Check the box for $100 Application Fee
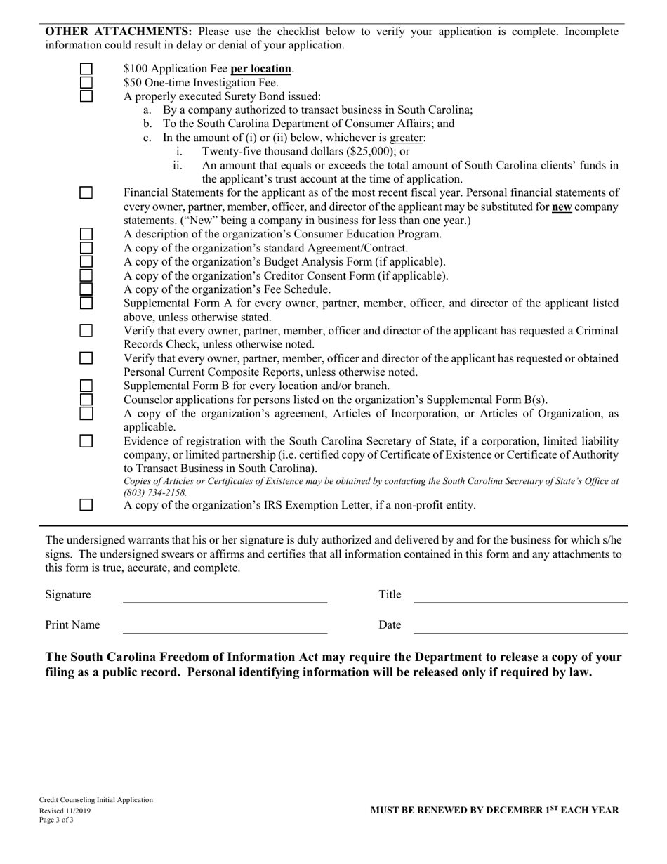point(86,69)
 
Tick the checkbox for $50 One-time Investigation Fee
point(86,82)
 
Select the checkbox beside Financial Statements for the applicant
point(86,192)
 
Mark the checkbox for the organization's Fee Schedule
point(86,289)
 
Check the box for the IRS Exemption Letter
point(86,504)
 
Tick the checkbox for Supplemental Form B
point(86,386)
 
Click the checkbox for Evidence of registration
point(86,441)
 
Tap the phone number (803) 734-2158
point(154,492)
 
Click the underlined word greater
point(407,138)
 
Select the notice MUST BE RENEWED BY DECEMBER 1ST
point(494,810)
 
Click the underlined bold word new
point(562,207)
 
